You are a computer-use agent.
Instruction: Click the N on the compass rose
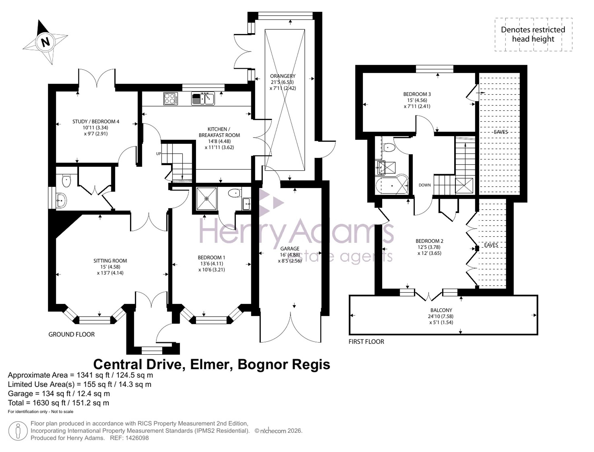click(x=45, y=42)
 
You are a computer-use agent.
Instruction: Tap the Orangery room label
click(x=283, y=76)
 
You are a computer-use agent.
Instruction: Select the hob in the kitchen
click(x=171, y=99)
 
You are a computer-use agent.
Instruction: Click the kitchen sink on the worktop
click(x=203, y=98)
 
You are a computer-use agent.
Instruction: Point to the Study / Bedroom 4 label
click(x=96, y=122)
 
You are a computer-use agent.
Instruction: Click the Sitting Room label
click(x=110, y=261)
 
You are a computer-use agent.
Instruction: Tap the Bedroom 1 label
click(x=211, y=258)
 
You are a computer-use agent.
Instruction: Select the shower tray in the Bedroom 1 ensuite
click(x=207, y=199)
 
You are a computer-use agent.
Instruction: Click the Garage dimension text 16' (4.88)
click(x=290, y=255)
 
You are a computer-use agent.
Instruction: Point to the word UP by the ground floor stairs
click(x=159, y=154)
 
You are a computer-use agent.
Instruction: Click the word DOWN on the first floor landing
click(x=425, y=185)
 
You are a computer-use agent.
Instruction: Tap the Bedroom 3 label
click(x=417, y=94)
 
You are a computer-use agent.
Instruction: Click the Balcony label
click(x=441, y=310)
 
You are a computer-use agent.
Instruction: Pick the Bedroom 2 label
click(x=429, y=241)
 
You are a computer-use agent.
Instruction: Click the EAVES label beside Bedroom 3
click(x=501, y=132)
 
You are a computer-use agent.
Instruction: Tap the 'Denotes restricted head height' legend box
click(x=533, y=34)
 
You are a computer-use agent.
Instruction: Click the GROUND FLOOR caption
click(x=72, y=334)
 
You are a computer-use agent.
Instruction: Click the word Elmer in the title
click(x=211, y=364)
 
